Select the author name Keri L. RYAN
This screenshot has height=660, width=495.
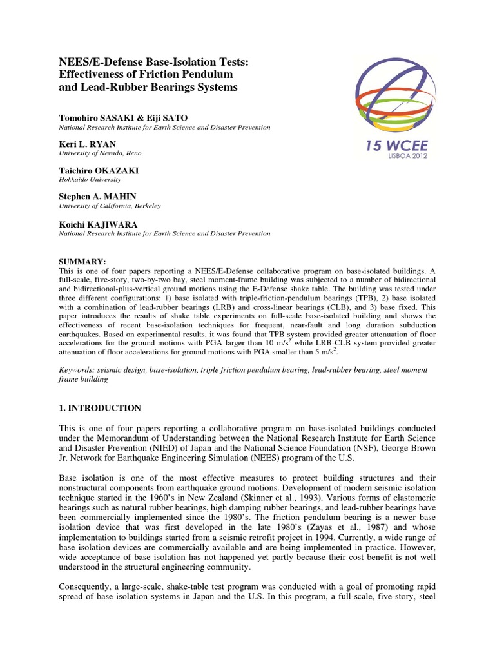point(88,145)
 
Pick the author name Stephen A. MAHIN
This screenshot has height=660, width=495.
point(99,197)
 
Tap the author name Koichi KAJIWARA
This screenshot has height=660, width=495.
point(99,223)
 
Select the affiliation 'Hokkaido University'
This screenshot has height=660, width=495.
point(90,180)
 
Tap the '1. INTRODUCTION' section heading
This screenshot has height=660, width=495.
point(100,408)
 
